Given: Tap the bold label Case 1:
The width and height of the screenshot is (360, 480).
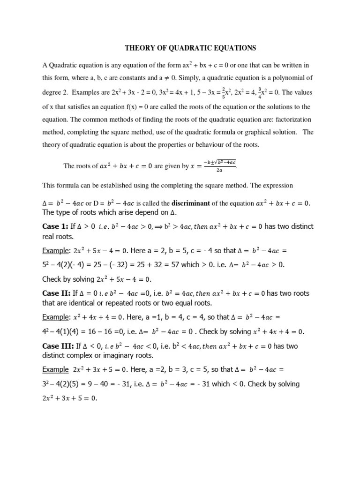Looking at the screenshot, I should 56,226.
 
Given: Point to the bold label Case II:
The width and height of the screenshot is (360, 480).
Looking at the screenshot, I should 57,293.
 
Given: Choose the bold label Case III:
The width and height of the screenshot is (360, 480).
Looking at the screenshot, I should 58,346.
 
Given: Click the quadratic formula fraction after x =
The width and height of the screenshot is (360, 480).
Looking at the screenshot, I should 219,165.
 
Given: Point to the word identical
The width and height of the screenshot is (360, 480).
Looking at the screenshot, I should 73,303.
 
